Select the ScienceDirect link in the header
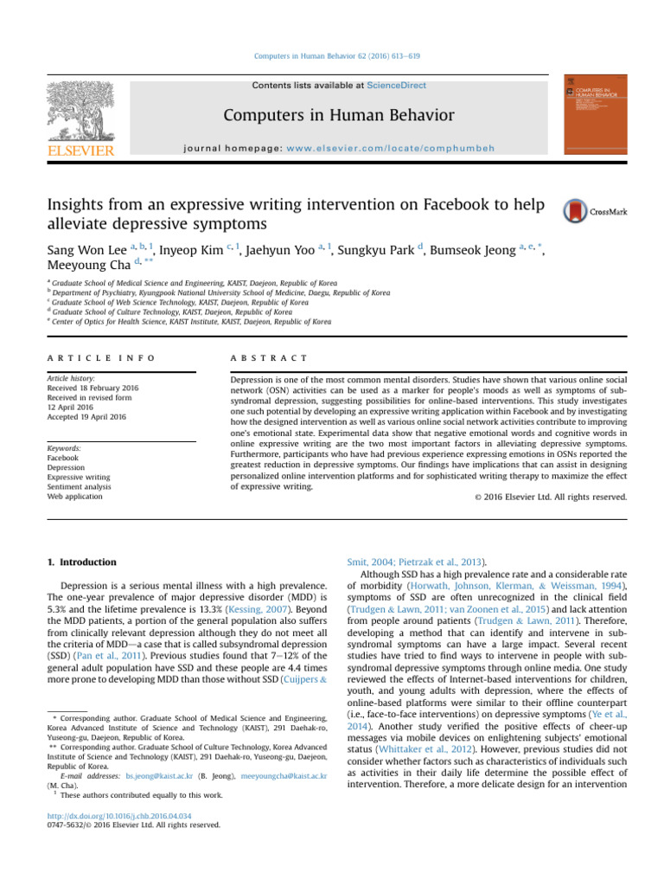tap(396, 85)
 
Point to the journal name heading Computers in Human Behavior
tap(339, 115)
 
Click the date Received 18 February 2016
tap(94, 388)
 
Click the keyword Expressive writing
tap(79, 475)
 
